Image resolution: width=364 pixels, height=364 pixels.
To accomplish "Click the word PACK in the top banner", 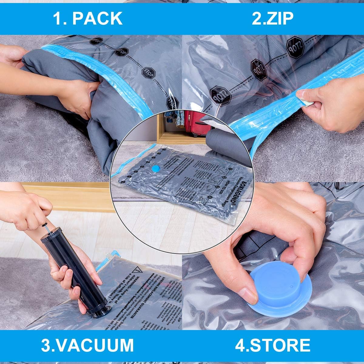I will coord(97,19).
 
